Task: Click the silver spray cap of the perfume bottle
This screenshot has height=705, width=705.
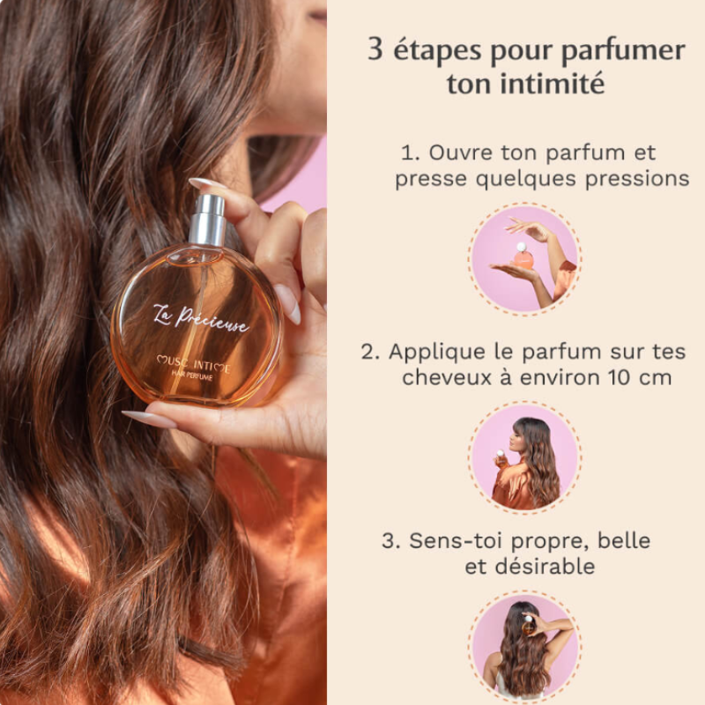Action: tap(207, 219)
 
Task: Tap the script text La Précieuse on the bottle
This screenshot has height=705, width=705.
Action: tap(201, 318)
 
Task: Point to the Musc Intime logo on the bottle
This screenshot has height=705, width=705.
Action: tap(193, 363)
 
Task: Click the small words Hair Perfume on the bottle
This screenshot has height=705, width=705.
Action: tap(192, 376)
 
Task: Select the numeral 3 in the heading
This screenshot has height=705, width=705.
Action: tap(375, 48)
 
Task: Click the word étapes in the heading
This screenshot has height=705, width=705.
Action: tap(437, 50)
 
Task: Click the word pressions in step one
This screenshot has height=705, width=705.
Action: tap(637, 179)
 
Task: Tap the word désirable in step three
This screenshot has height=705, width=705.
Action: tap(545, 566)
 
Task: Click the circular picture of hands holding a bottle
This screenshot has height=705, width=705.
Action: tap(524, 259)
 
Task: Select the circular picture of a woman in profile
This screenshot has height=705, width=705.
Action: tap(524, 456)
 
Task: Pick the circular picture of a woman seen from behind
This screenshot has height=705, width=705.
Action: tap(524, 648)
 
